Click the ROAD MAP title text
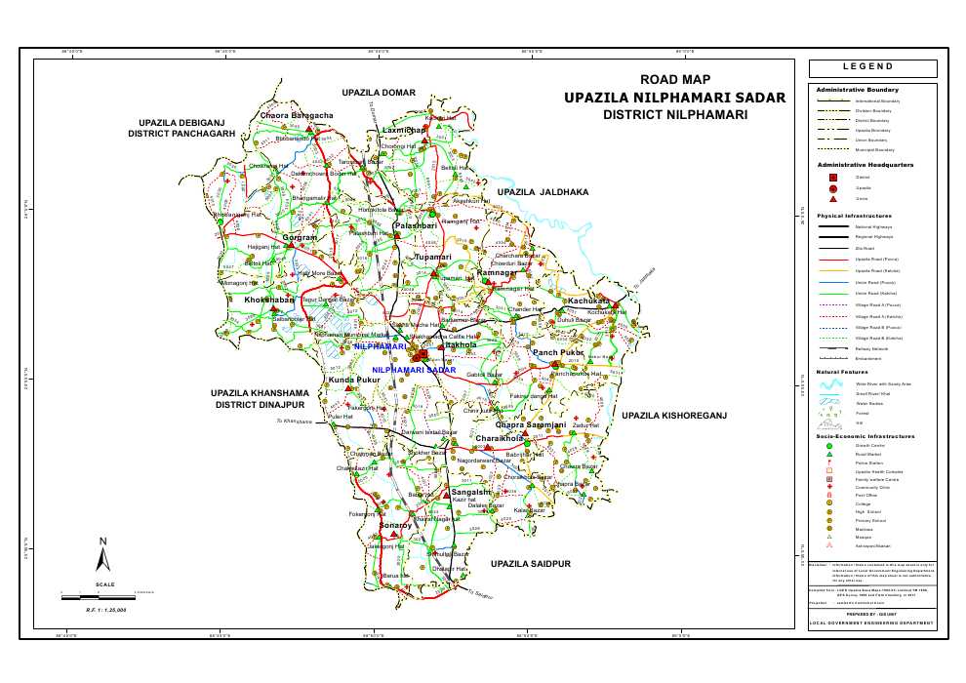click(x=674, y=79)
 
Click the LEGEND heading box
click(x=871, y=67)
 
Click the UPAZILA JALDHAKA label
click(x=543, y=192)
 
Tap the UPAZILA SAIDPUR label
click(x=530, y=564)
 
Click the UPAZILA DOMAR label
click(x=380, y=92)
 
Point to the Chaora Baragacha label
click(x=297, y=116)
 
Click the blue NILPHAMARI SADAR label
click(x=414, y=371)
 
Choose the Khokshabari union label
click(x=269, y=300)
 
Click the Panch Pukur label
click(x=557, y=351)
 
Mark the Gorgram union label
click(x=300, y=238)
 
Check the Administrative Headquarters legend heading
click(x=865, y=165)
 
